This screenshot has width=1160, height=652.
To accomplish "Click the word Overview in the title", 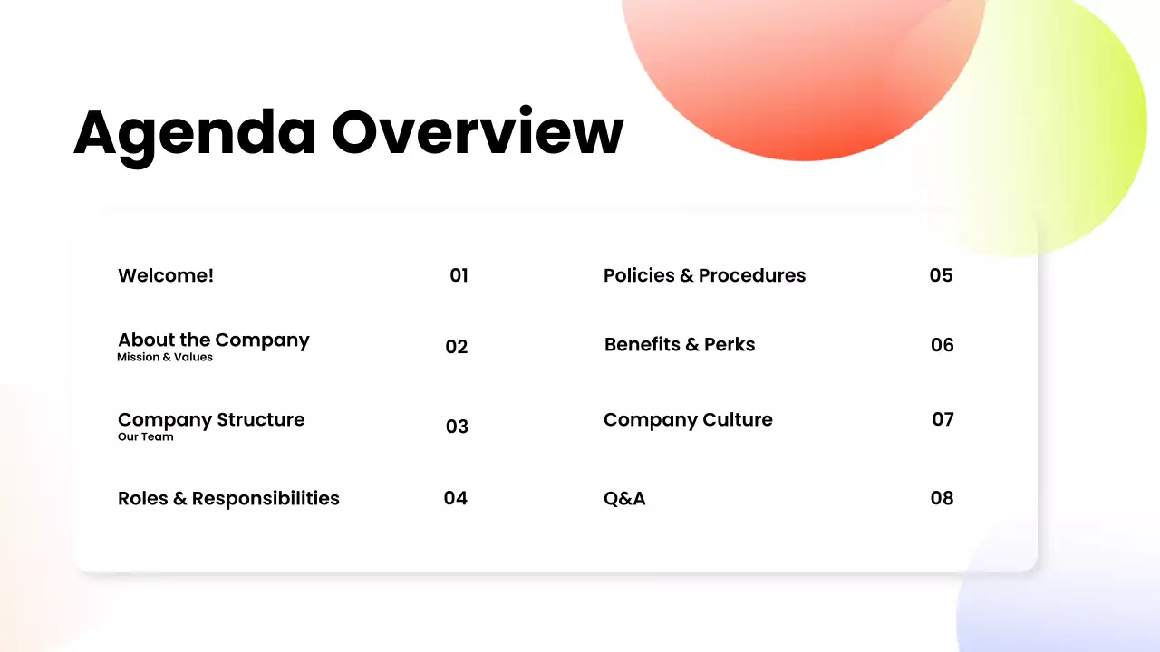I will coord(478,132).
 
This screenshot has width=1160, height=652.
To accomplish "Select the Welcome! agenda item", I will coord(166,275).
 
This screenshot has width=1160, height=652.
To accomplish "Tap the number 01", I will coord(459,275).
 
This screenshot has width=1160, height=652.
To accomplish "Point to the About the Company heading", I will coord(214,340).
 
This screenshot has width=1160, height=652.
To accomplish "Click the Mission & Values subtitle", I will coord(165,358).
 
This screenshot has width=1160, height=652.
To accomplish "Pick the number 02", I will coord(457,347).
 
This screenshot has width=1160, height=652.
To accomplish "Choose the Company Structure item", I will coord(211,420).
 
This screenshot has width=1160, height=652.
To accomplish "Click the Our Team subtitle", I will coord(145,437).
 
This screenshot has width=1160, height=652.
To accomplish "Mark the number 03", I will coord(457,427).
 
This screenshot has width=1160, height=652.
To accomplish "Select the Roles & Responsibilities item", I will coord(228,499).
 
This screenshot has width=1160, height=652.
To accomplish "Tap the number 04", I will coord(456,498).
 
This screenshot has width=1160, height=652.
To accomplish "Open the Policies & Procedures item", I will coord(704,275).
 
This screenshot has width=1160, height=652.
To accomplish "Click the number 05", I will coord(941,275).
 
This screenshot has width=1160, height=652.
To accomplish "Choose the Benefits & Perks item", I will coord(680,345).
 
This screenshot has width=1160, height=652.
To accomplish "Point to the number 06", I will coord(942,345).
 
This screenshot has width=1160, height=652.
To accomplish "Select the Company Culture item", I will coord(688,420).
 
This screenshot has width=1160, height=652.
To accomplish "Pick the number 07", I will coord(943,419).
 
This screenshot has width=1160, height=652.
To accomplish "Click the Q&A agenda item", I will coord(624,499).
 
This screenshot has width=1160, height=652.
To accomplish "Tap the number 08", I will coord(942,498).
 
